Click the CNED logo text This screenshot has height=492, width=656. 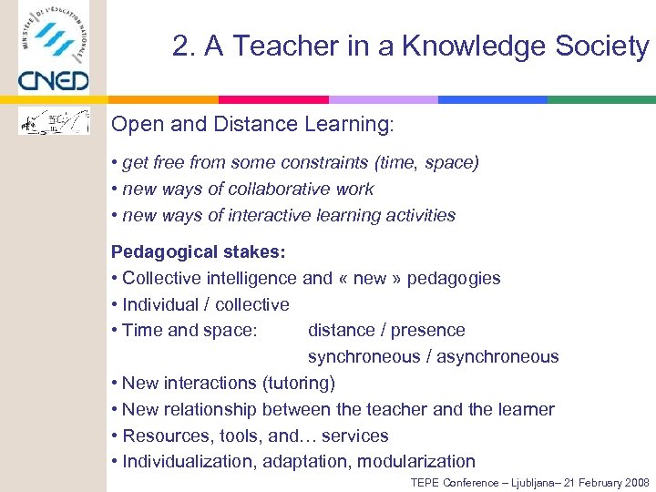pos(54,79)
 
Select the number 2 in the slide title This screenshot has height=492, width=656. pos(179,46)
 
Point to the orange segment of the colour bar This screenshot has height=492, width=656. pos(163,99)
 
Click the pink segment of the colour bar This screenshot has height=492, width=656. pos(273,99)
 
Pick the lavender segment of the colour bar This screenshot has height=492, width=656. pos(383,99)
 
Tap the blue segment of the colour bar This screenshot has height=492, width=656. pos(492,99)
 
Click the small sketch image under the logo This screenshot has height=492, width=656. pos(55,121)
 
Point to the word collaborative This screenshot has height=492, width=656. pos(272,190)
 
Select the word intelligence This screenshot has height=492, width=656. pos(251,278)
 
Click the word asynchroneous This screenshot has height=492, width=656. pos(497,356)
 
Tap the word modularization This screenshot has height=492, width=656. pos(416,461)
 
